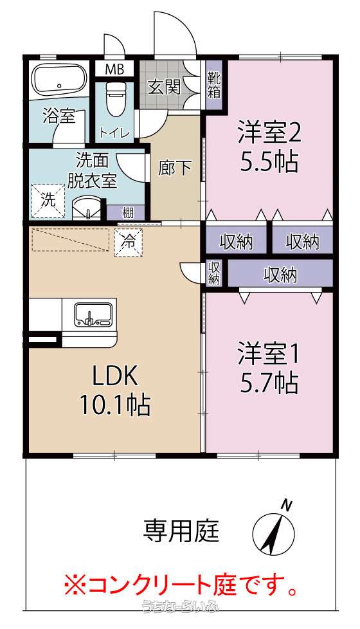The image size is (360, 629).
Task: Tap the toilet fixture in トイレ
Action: tap(116, 98)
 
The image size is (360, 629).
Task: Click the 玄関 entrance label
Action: tap(164, 86)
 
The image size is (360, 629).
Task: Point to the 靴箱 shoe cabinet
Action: tap(213, 85)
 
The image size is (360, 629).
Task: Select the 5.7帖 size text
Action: tap(269, 383)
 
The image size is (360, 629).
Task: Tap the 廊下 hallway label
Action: tap(174, 168)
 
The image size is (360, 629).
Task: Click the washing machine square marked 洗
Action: tap(48, 201)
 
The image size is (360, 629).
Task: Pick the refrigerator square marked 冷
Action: tap(129, 242)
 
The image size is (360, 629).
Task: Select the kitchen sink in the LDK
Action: tap(93, 314)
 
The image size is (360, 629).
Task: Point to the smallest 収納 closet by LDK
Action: tap(213, 273)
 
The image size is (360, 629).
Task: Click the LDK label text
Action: tap(116, 376)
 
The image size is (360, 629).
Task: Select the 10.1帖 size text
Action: tap(116, 405)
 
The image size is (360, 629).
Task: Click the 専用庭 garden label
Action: tap(181, 531)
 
